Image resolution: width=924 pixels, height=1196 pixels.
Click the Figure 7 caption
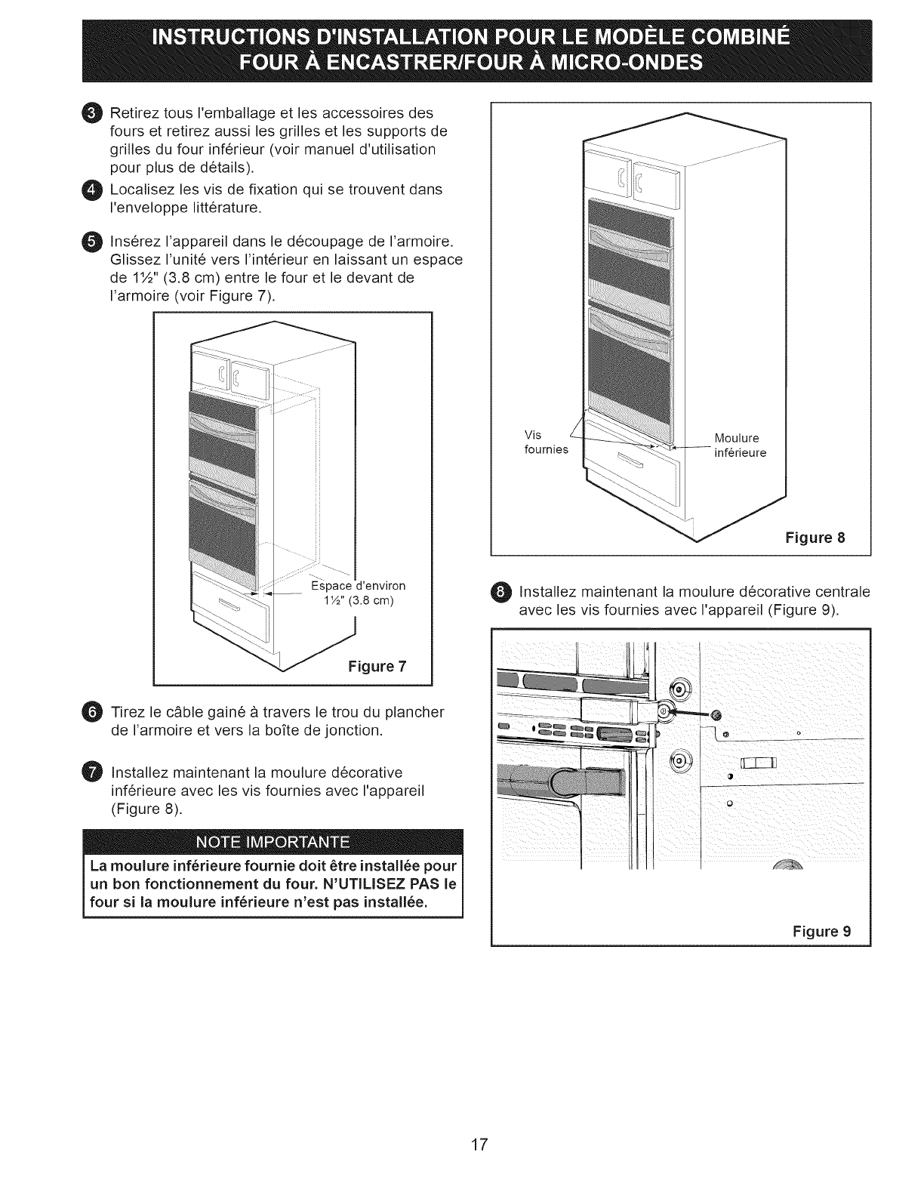(377, 666)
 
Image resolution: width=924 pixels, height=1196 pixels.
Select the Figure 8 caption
(815, 538)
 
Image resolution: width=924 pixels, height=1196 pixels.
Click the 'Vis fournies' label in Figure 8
(545, 442)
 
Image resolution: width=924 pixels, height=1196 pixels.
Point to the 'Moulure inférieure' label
(740, 445)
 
